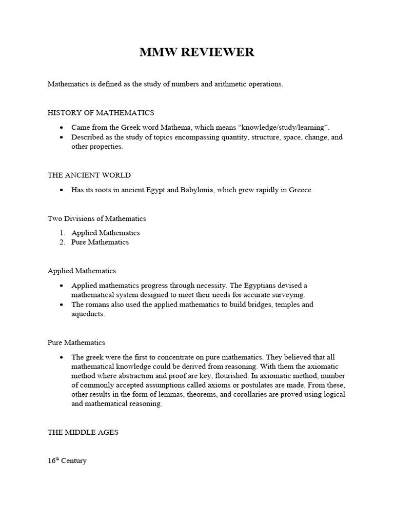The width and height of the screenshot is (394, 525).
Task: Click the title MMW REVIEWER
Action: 196,53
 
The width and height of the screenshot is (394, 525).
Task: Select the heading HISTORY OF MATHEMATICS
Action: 101,113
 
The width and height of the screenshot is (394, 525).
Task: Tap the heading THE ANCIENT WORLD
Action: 89,175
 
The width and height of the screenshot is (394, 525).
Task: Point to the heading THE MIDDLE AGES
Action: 83,432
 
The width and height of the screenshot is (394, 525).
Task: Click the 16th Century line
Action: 67,461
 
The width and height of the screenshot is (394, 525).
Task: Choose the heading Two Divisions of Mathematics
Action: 97,218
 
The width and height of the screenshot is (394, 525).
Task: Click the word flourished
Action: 203,375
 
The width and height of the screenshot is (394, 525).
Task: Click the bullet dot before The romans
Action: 62,305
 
